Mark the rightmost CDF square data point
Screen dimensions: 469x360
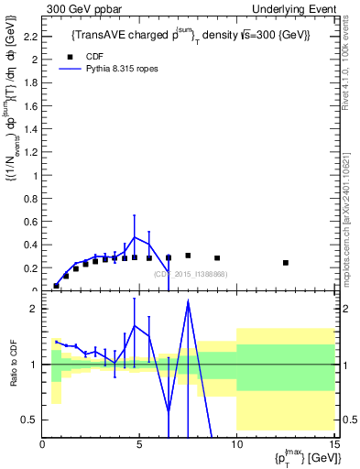[x=286, y=263]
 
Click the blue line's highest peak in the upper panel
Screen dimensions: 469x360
[x=135, y=237]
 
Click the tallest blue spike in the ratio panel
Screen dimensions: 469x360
[x=188, y=301]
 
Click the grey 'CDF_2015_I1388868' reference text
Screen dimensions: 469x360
[x=191, y=274]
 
